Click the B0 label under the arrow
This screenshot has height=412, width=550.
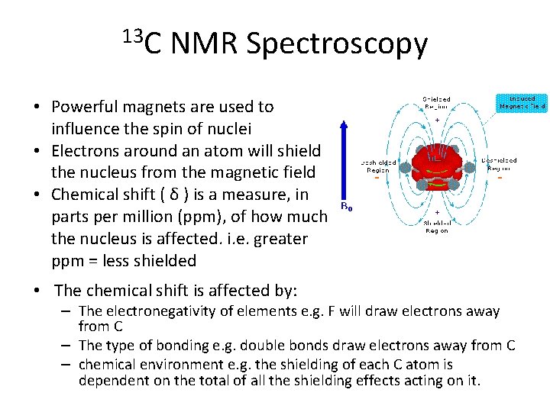[x=345, y=206]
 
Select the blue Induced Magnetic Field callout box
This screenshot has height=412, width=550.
[x=522, y=102]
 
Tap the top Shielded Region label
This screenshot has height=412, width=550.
[x=437, y=103]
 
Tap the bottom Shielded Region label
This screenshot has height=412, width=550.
[x=437, y=227]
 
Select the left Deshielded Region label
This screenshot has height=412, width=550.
[x=378, y=166]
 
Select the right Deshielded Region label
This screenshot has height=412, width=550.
[x=499, y=164]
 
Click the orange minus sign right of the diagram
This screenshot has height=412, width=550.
[x=500, y=179]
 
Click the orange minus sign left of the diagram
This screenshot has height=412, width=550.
[x=377, y=179]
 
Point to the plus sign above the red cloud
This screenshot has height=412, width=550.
[x=437, y=121]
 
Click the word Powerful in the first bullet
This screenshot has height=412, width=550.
[x=85, y=107]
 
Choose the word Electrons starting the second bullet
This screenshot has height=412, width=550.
[x=83, y=151]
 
